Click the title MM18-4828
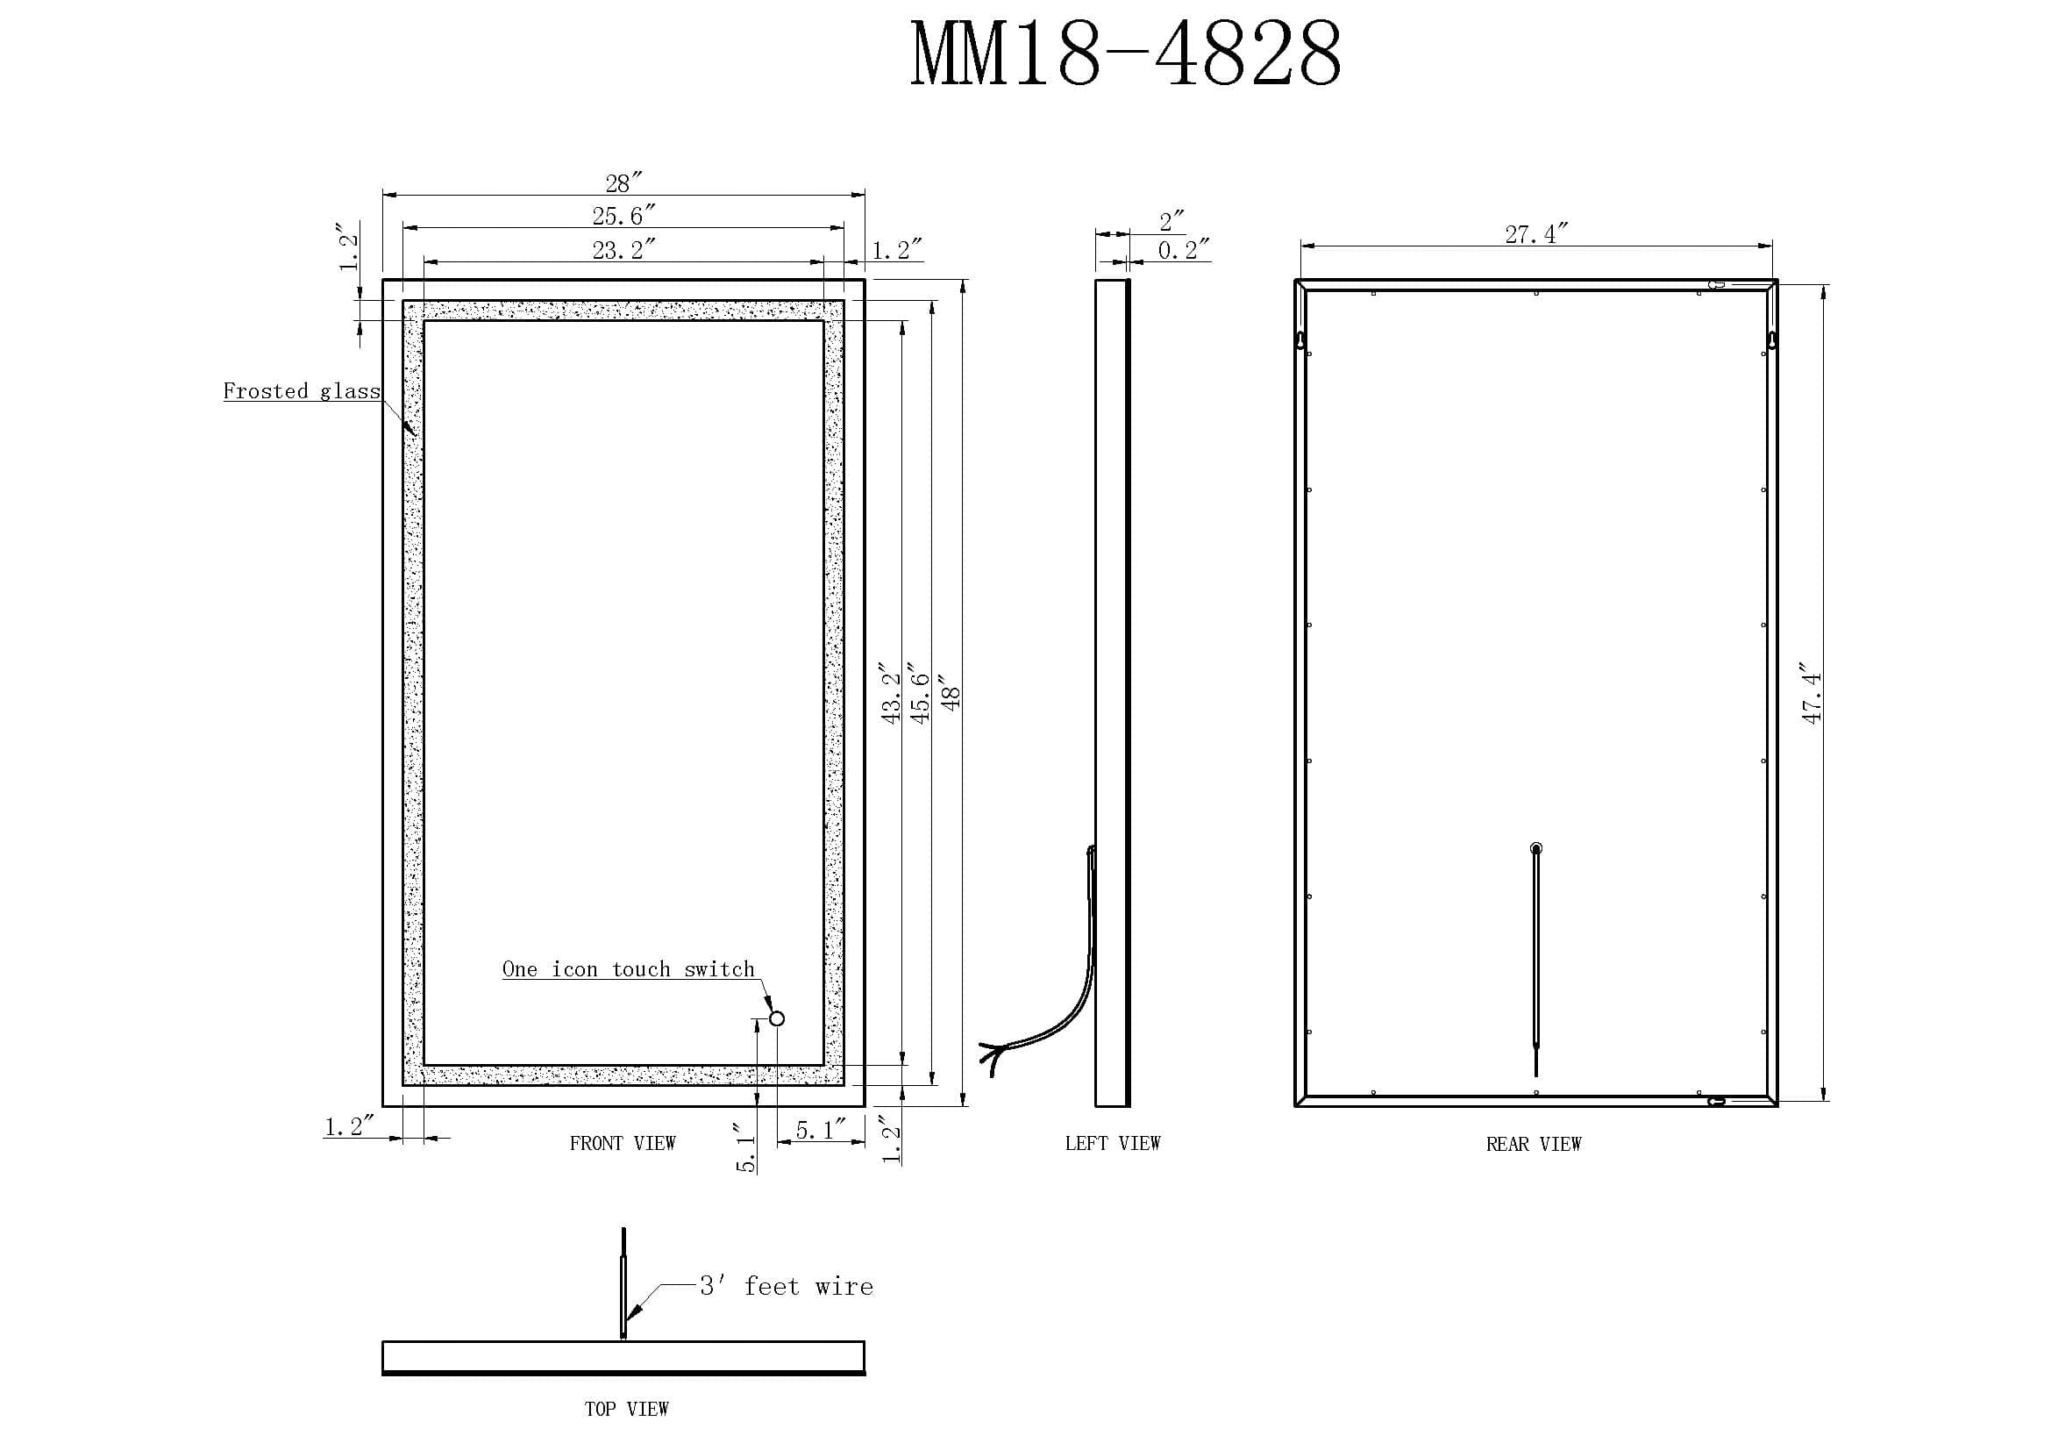coord(1126,54)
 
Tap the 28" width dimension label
coord(623,182)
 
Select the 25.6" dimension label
coord(623,215)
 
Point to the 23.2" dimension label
coord(623,249)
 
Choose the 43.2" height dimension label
coord(891,692)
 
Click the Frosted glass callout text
coord(301,390)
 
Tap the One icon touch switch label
coord(628,969)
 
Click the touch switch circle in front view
coord(776,1018)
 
